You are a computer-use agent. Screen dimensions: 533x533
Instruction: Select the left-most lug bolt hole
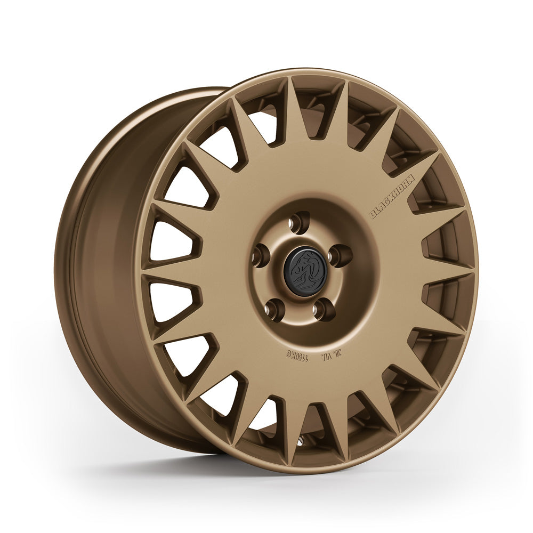tap(260, 254)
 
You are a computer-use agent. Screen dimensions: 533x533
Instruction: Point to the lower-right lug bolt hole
tap(324, 310)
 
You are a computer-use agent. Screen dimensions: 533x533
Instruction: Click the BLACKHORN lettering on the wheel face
tap(393, 197)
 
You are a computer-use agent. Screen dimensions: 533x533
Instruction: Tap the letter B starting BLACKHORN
tap(374, 215)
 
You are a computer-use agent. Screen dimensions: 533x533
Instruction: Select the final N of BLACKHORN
tap(412, 181)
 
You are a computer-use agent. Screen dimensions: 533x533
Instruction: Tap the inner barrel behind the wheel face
tap(107, 266)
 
